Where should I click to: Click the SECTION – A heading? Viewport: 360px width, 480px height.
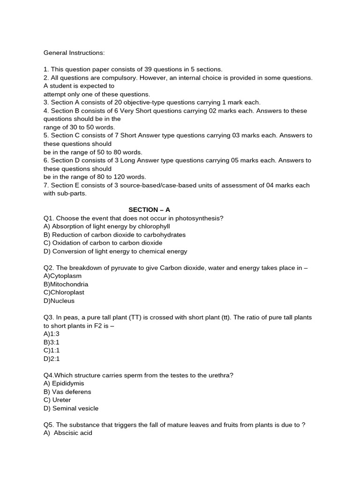[x=150, y=210]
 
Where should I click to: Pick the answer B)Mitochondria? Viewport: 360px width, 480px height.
[x=66, y=284]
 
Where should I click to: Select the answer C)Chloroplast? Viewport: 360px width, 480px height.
[x=64, y=292]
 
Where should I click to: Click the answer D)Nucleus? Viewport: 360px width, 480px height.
[x=59, y=301]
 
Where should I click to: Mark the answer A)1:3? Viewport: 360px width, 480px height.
[x=52, y=334]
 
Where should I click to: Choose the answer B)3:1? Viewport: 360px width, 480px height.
[x=52, y=342]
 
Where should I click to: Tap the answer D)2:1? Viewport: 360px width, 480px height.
[x=52, y=359]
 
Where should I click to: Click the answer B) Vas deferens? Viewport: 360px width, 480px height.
[x=67, y=392]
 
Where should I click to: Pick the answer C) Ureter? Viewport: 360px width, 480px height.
[x=57, y=400]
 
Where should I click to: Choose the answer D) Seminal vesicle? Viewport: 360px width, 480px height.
[x=71, y=408]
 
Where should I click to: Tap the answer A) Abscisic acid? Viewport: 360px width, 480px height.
[x=68, y=433]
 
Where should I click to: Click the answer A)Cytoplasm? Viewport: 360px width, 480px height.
[x=62, y=276]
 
